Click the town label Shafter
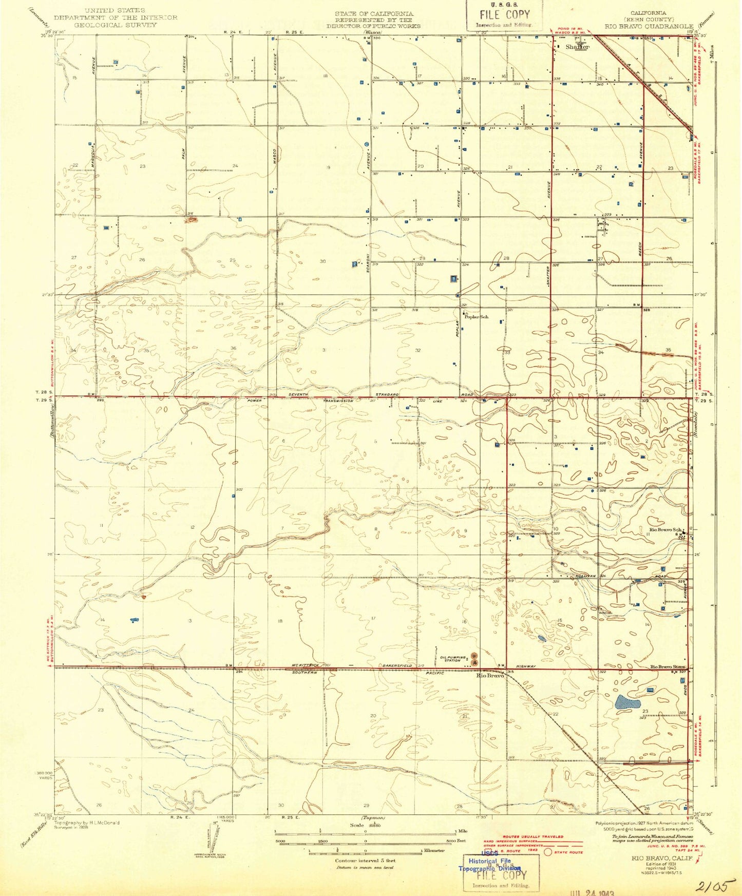(577, 47)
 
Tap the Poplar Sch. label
(477, 317)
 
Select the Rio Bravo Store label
(668, 666)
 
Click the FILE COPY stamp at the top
(504, 15)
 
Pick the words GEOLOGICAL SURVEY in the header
(116, 24)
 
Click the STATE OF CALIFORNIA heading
(373, 13)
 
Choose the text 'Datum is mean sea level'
(365, 867)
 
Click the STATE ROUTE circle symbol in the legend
(548, 852)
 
